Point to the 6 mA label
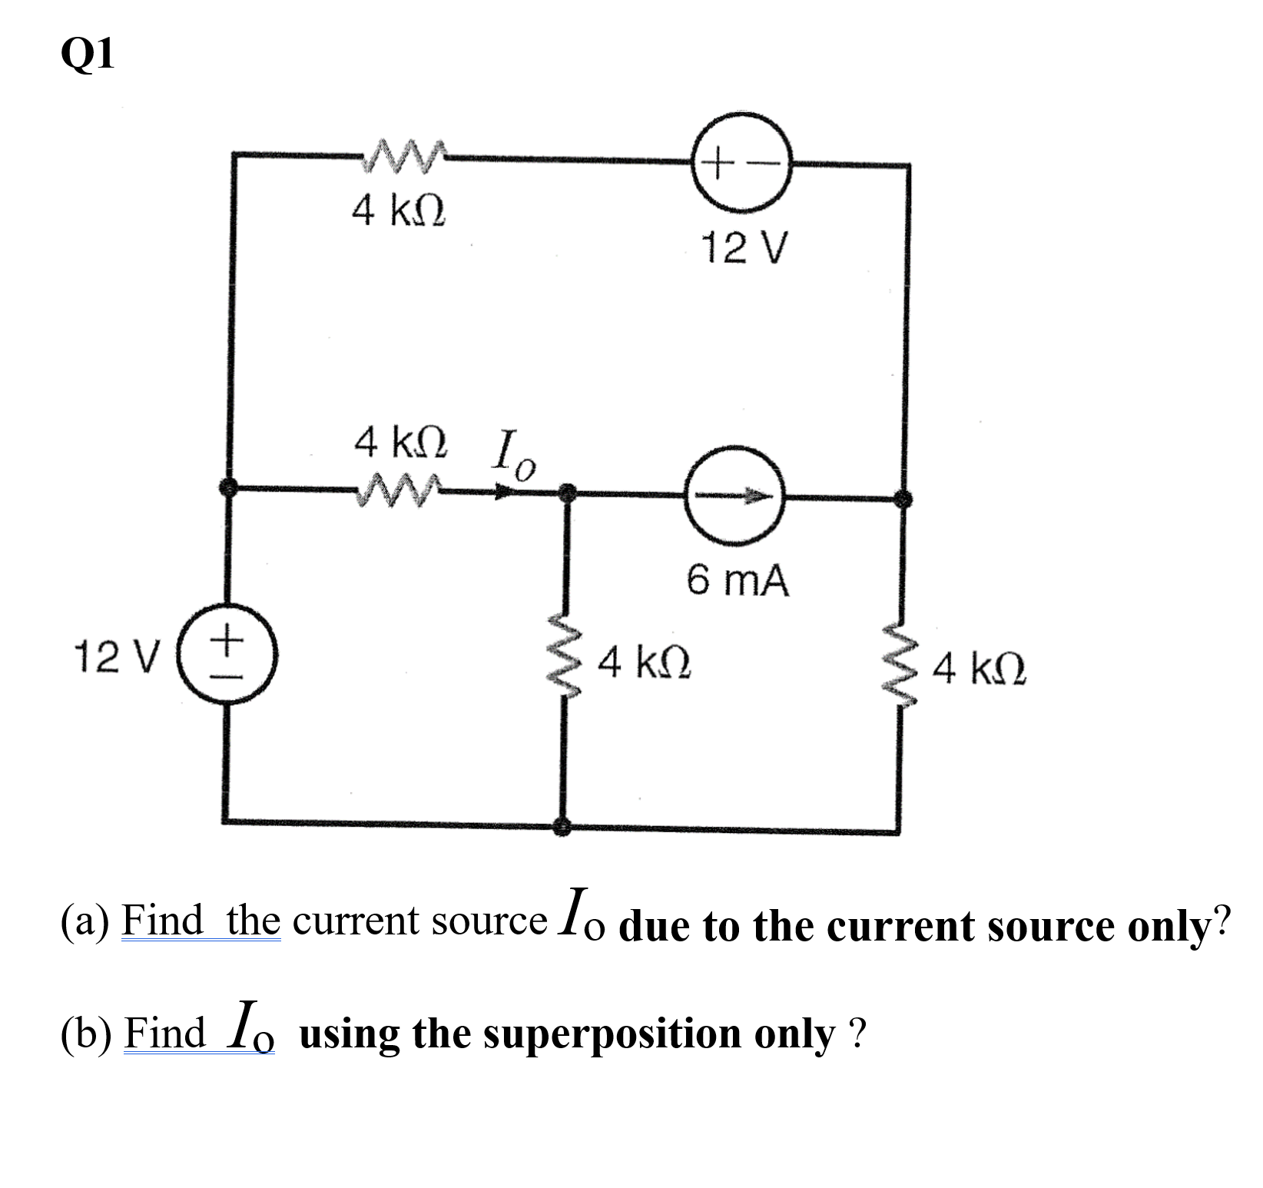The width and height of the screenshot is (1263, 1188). (x=738, y=581)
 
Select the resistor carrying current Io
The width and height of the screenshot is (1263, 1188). (x=398, y=486)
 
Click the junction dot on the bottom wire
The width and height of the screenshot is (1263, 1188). (x=564, y=826)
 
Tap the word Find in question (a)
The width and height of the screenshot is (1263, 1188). (x=164, y=920)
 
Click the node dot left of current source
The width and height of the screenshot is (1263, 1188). (x=567, y=492)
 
